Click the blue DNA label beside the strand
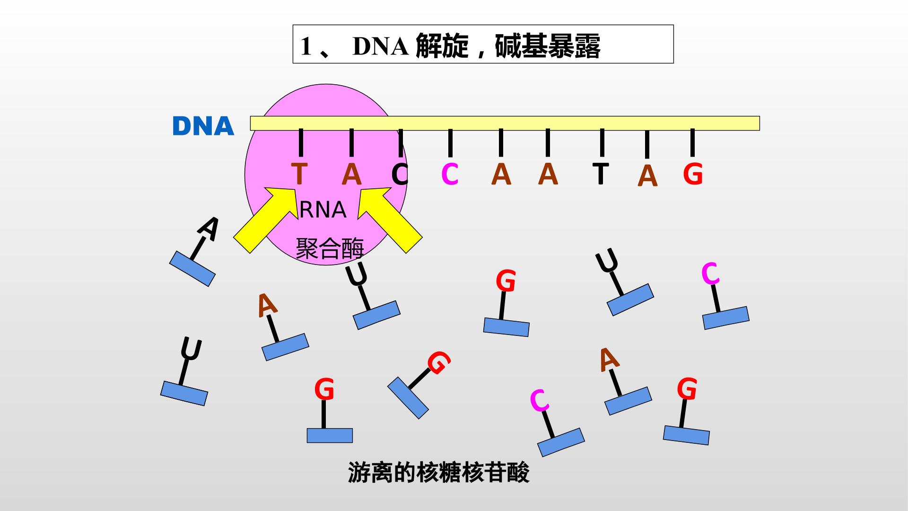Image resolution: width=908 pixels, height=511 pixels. coord(203,126)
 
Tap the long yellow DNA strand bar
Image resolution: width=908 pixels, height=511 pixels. coord(505,123)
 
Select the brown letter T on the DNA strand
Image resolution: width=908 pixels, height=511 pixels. coord(299,174)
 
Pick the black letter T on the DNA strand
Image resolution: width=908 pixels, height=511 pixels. coord(601,173)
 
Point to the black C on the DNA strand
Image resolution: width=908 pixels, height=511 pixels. coord(400,174)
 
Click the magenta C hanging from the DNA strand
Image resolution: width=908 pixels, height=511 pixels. coord(450,174)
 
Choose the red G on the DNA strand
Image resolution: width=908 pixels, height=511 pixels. coord(693,174)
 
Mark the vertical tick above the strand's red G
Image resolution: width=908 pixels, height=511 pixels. coord(692,142)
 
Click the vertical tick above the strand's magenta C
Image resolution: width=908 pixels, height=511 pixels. coord(450,143)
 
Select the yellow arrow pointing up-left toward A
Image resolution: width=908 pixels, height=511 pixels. coord(389,220)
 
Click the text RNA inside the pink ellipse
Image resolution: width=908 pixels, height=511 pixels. coord(323,210)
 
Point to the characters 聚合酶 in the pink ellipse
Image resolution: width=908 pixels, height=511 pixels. coord(330,248)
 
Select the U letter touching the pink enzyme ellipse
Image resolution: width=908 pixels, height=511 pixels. coord(356,274)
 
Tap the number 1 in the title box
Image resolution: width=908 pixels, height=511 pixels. coord(306,47)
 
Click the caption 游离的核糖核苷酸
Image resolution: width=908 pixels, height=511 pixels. coord(438,472)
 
